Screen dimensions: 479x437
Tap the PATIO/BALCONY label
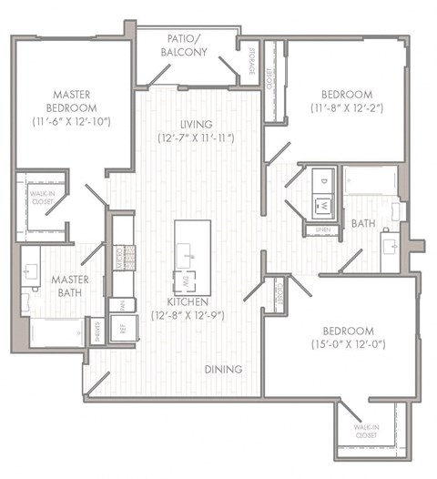(x=189, y=46)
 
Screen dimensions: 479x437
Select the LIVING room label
(x=196, y=125)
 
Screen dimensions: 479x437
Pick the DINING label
(x=223, y=370)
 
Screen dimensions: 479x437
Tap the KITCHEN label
(x=189, y=301)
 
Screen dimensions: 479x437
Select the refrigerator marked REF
(x=119, y=325)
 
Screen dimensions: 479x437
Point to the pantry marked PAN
(x=119, y=303)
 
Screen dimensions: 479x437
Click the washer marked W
(x=322, y=206)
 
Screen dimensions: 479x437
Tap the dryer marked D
(x=322, y=179)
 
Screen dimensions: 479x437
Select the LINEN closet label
(x=323, y=229)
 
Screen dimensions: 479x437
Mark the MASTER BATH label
(x=68, y=286)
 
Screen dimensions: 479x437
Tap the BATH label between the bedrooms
(x=362, y=222)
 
